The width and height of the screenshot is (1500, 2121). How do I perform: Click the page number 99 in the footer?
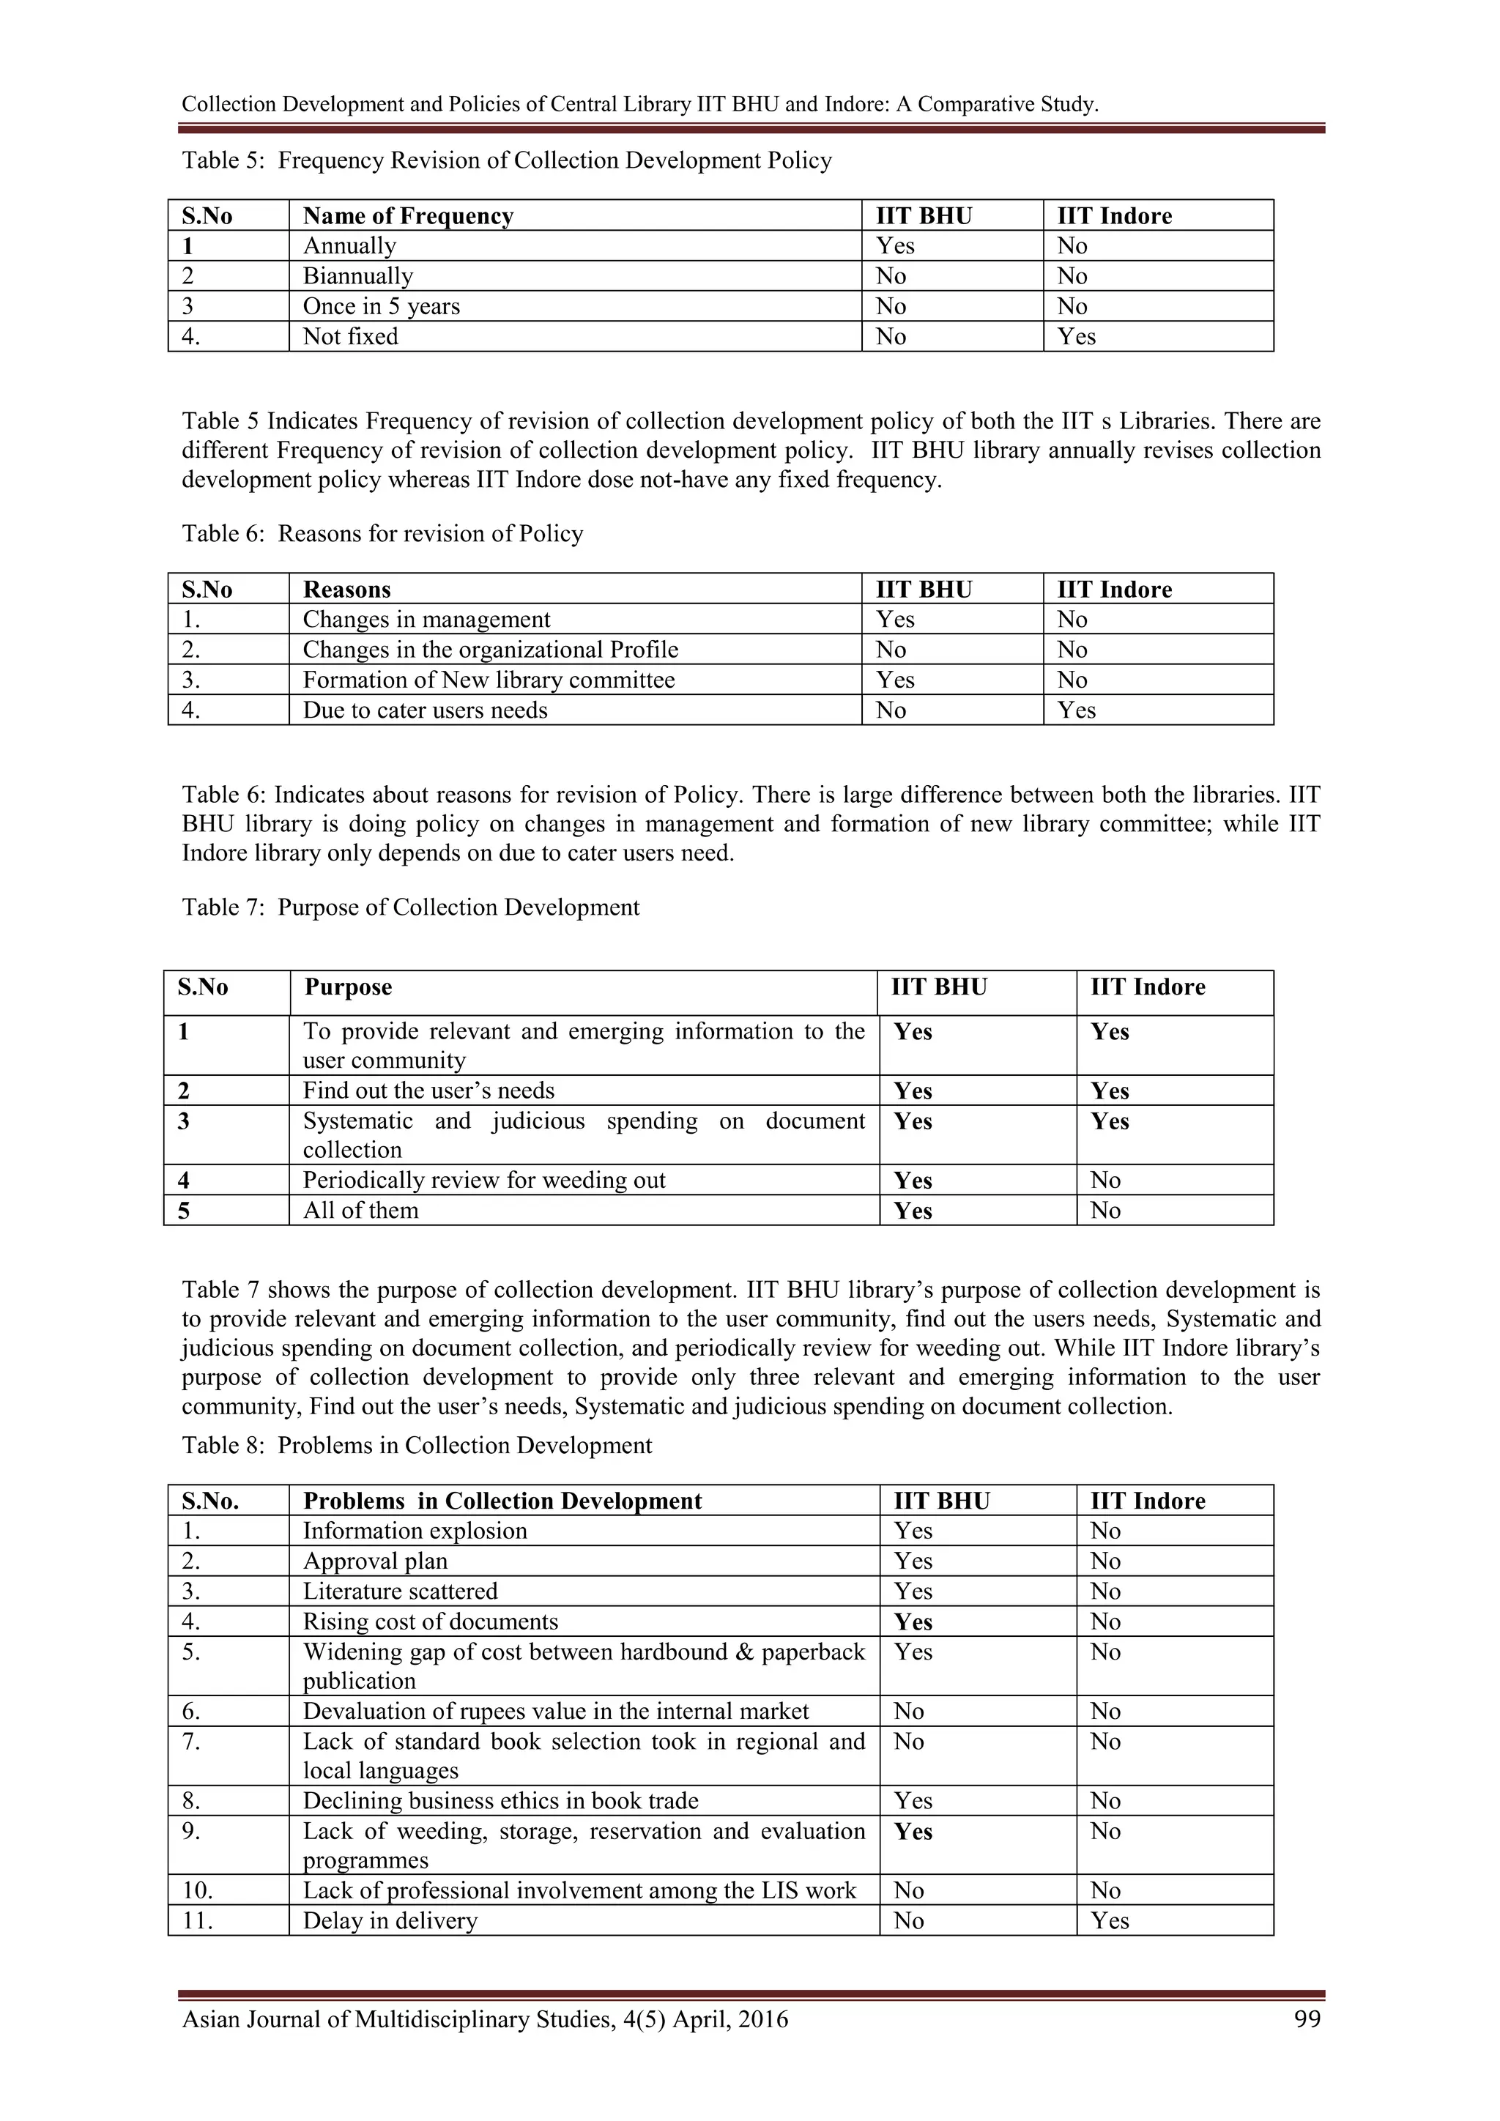pyautogui.click(x=1307, y=2019)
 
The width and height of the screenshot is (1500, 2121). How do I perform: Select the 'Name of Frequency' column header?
pyautogui.click(x=407, y=216)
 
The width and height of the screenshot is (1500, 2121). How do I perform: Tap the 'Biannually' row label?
pyautogui.click(x=357, y=276)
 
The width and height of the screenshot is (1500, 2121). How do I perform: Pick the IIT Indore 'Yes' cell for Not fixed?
pyautogui.click(x=1076, y=337)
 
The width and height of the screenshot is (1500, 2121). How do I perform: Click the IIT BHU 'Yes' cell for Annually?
pyautogui.click(x=894, y=247)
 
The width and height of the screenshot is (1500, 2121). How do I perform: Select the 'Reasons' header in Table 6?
pyautogui.click(x=346, y=590)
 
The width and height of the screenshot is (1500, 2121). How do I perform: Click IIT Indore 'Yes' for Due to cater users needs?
pyautogui.click(x=1076, y=710)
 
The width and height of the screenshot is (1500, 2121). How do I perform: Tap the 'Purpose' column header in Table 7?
pyautogui.click(x=348, y=987)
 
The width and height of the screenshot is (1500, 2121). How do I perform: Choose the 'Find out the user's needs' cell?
pyautogui.click(x=428, y=1091)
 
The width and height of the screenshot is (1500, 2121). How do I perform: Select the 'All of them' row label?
pyautogui.click(x=360, y=1211)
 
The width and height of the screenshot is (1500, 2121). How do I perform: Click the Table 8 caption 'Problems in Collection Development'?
pyautogui.click(x=464, y=1446)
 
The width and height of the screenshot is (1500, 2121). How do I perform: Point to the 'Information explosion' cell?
pyautogui.click(x=415, y=1531)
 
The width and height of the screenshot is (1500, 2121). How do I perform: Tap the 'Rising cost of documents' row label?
pyautogui.click(x=431, y=1622)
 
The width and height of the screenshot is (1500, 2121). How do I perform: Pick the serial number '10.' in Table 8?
pyautogui.click(x=197, y=1890)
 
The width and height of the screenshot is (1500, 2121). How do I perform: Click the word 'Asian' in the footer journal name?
pyautogui.click(x=212, y=2019)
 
